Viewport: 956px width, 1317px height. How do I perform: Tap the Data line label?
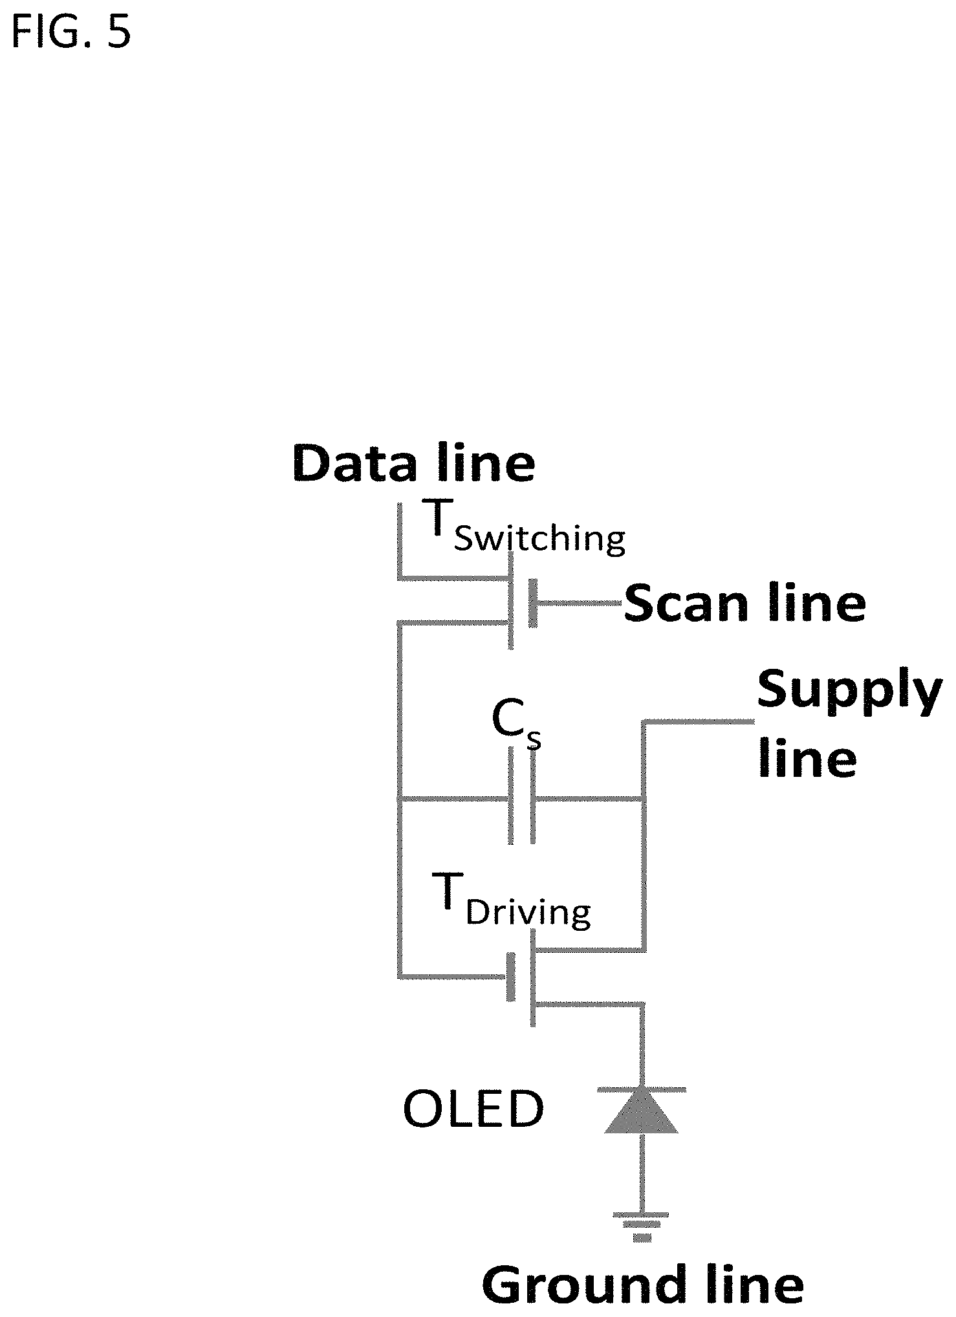pyautogui.click(x=414, y=463)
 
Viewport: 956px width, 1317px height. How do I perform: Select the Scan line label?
pyautogui.click(x=744, y=603)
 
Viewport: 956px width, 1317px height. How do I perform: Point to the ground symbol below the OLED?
pyautogui.click(x=642, y=1226)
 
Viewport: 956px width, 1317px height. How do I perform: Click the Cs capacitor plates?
pyautogui.click(x=522, y=795)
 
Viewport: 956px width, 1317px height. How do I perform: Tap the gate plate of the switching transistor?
pyautogui.click(x=533, y=603)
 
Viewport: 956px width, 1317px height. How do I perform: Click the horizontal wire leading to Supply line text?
pyautogui.click(x=699, y=721)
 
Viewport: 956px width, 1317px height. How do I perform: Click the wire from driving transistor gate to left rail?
pyautogui.click(x=453, y=976)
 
